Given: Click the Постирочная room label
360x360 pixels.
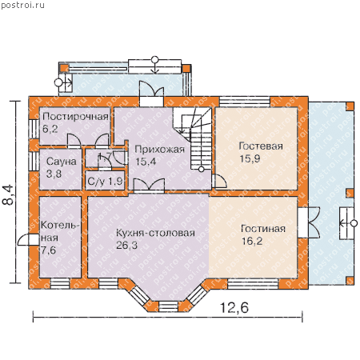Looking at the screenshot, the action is [x=75, y=117].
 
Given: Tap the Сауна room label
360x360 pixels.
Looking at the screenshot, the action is [x=62, y=162].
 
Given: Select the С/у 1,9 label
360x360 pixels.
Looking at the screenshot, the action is [x=105, y=182].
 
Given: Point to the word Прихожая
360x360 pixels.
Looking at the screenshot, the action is [x=159, y=149].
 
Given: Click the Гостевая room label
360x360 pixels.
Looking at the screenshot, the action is [x=261, y=146].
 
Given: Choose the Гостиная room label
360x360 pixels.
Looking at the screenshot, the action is [x=263, y=229].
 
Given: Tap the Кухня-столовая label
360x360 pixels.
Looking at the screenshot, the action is [x=155, y=233].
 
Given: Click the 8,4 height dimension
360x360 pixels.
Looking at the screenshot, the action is [x=8, y=194].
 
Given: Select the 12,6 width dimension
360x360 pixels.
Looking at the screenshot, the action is [x=234, y=307].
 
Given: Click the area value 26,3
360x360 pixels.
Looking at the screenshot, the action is [x=126, y=245].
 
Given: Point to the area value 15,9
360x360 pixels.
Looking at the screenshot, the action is [x=250, y=158].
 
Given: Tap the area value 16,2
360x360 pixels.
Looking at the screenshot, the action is [x=252, y=241].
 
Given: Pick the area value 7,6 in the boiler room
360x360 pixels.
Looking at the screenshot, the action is [x=49, y=250].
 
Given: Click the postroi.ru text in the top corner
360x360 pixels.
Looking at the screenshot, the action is [x=22, y=6].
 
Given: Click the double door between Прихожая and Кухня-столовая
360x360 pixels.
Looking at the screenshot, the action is [x=149, y=186].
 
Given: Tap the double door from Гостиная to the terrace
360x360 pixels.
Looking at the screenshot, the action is [x=309, y=222].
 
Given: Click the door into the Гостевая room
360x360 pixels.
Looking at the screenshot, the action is [x=219, y=182].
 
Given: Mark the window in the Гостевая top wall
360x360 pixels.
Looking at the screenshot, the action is [x=245, y=102].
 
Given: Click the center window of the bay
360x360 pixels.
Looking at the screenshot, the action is [x=168, y=306].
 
